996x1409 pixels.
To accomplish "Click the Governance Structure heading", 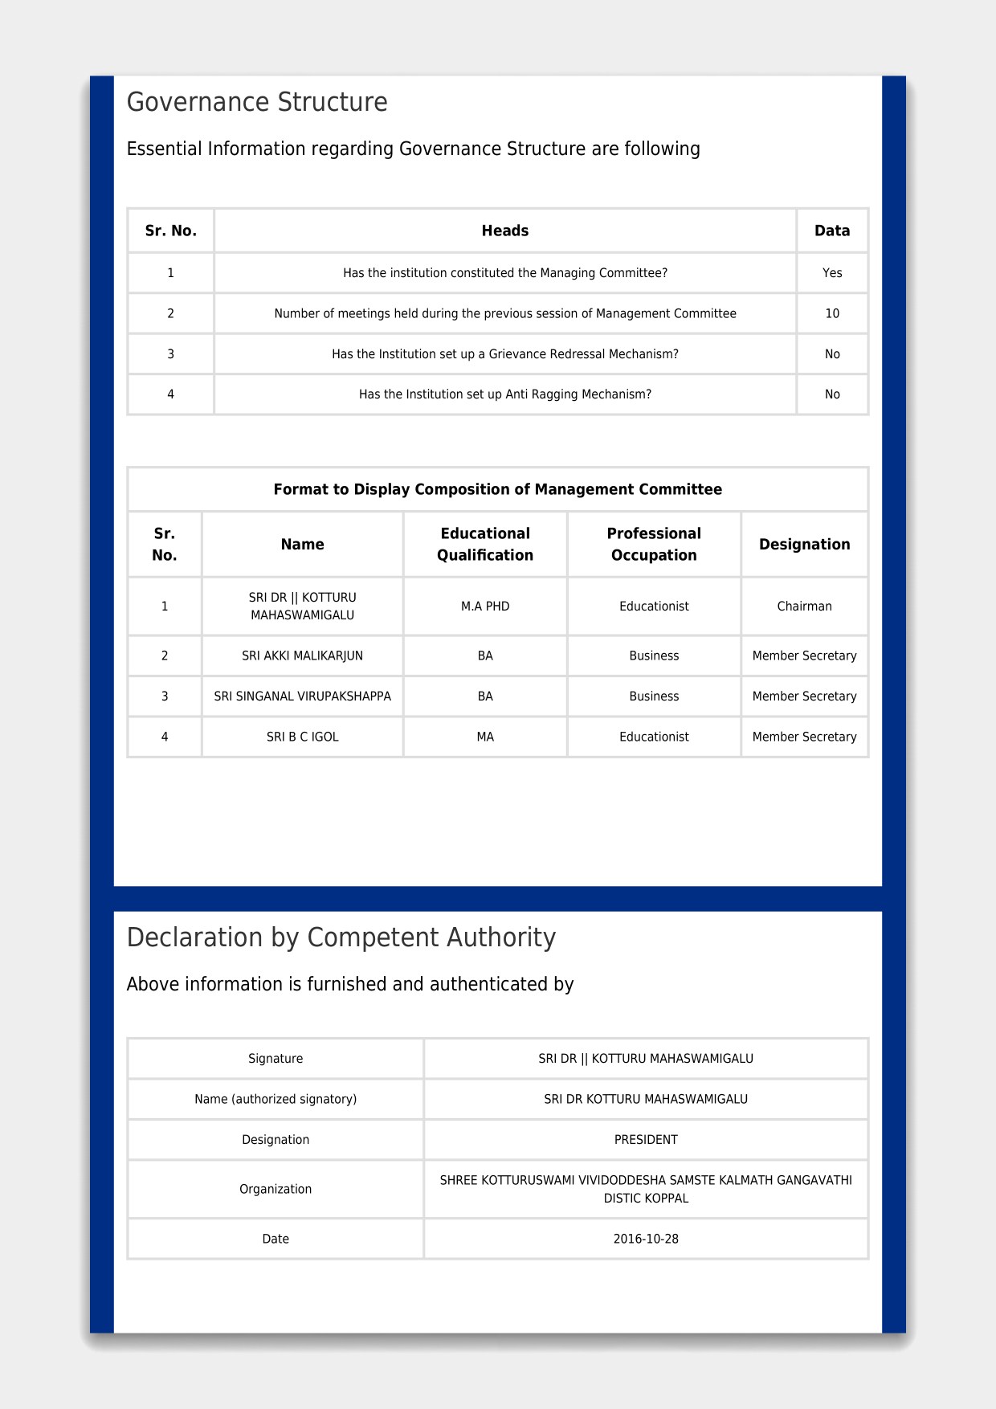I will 257,102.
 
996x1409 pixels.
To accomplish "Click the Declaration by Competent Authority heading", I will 341,937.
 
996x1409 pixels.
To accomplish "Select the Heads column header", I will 504,231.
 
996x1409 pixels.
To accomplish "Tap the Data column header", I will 831,231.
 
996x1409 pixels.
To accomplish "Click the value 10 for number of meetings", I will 831,313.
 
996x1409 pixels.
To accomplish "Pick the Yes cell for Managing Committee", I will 831,273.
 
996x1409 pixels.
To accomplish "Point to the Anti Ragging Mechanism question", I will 504,394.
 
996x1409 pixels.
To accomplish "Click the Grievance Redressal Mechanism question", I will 504,354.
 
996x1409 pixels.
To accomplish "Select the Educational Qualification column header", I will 485,544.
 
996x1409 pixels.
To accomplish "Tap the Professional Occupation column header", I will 654,544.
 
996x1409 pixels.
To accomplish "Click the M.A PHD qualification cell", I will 485,606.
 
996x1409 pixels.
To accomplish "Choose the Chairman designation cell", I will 804,606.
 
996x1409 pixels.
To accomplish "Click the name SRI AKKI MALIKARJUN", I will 302,656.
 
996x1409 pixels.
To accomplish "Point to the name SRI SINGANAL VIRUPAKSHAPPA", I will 302,696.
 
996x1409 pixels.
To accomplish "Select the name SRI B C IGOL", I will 302,737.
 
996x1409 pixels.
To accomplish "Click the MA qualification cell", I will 485,737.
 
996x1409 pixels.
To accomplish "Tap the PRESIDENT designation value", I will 646,1140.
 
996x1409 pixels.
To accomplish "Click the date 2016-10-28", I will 646,1239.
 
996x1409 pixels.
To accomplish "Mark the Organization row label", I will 276,1189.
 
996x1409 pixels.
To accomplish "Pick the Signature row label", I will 276,1059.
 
